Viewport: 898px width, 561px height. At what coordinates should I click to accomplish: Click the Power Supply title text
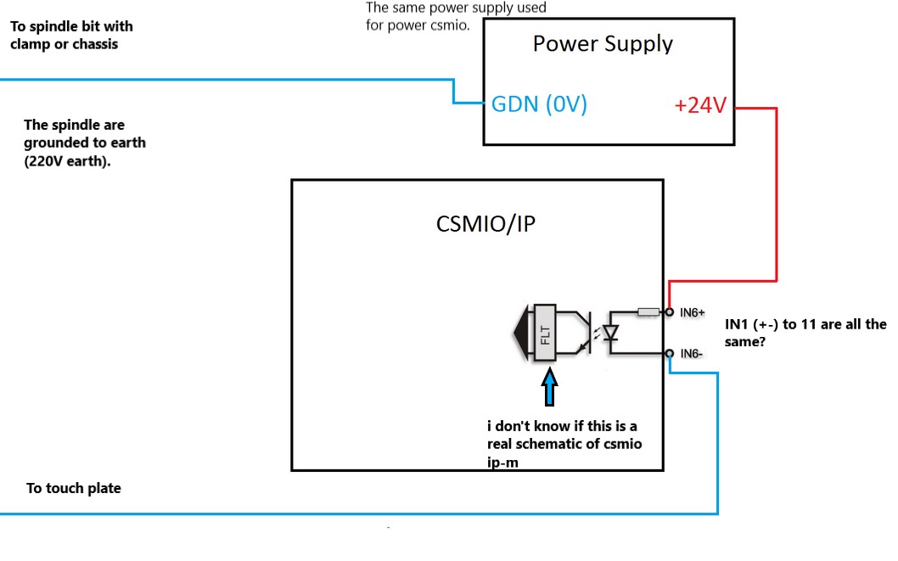tap(603, 44)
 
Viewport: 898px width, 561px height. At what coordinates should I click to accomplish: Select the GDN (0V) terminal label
tap(539, 105)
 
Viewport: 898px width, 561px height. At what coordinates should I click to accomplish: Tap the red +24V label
tap(700, 106)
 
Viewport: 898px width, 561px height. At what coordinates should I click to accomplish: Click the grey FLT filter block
tap(545, 333)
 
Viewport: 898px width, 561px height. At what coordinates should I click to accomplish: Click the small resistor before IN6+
tap(648, 311)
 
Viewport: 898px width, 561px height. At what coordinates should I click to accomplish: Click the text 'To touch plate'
tap(73, 488)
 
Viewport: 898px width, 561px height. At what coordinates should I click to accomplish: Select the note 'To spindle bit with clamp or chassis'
tap(71, 35)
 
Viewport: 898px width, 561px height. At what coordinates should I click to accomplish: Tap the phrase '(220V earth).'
tap(68, 161)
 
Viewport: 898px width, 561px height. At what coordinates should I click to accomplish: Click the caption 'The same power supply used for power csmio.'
tap(455, 15)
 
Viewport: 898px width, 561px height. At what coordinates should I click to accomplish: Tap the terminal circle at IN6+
tap(670, 312)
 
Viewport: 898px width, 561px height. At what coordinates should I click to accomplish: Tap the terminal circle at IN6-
tap(670, 353)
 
